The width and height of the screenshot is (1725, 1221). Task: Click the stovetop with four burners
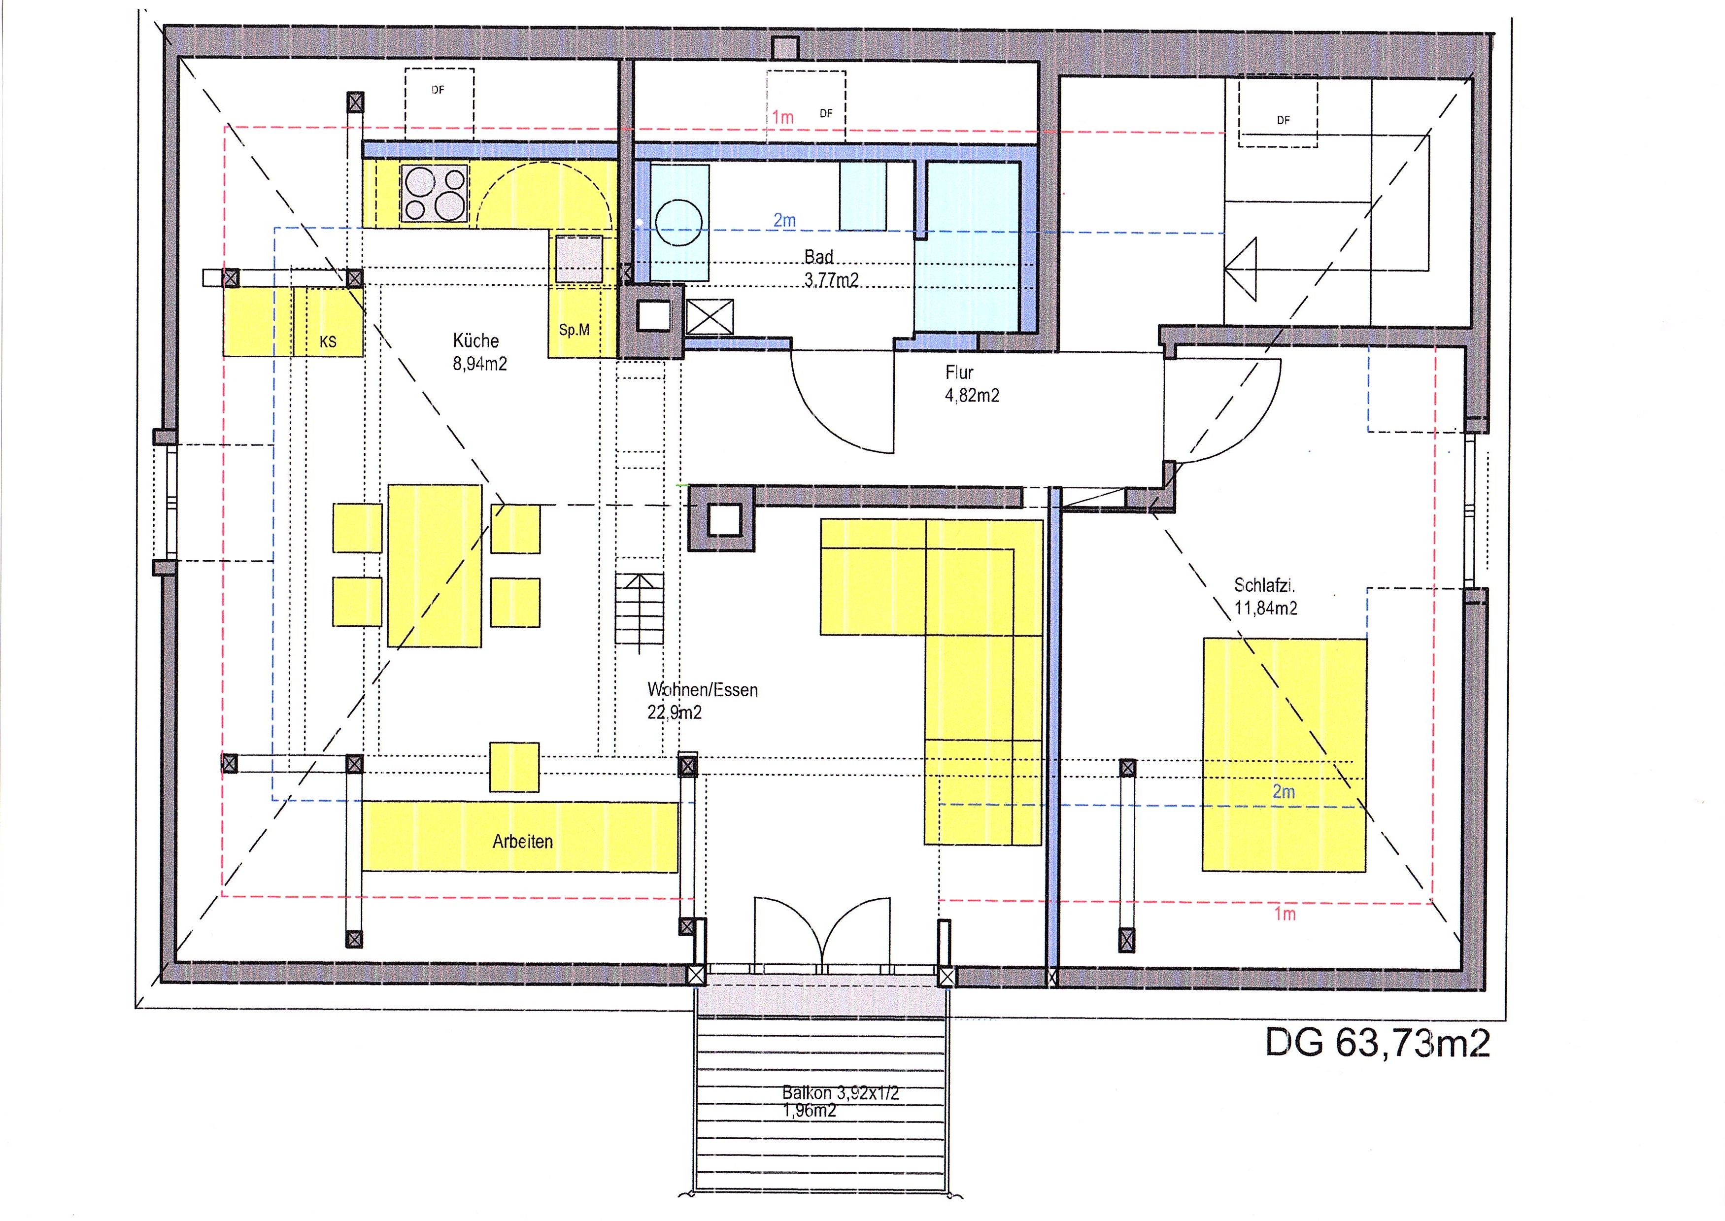coord(435,194)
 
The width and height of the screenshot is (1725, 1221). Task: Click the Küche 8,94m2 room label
coord(479,352)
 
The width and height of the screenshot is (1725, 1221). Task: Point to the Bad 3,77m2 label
coord(831,269)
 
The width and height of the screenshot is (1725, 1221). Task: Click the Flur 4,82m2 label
coord(972,383)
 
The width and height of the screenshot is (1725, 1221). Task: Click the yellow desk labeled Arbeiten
coord(520,837)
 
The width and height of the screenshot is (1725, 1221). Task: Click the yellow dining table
coord(435,565)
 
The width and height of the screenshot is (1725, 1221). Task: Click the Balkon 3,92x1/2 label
coord(840,1093)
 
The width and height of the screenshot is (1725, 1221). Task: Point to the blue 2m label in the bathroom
coord(784,220)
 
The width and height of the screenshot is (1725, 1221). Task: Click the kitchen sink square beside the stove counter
coord(579,259)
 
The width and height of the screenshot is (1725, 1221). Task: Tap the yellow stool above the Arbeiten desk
coord(514,767)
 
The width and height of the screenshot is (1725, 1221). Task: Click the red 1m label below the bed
coord(1285,914)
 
